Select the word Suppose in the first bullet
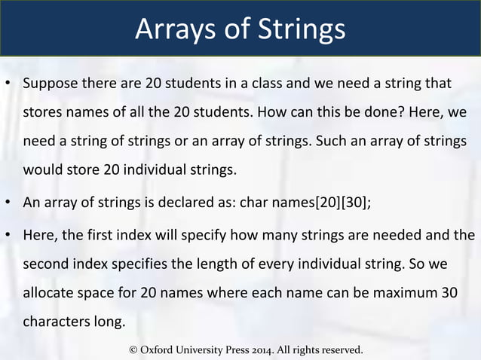(x=50, y=83)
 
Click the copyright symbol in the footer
(x=134, y=350)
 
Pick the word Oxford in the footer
(x=161, y=350)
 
